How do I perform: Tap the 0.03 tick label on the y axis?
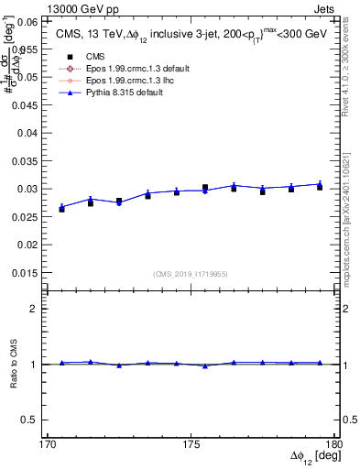click(x=25, y=189)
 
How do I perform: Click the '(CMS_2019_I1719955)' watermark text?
click(x=190, y=273)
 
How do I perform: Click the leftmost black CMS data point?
click(x=61, y=209)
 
